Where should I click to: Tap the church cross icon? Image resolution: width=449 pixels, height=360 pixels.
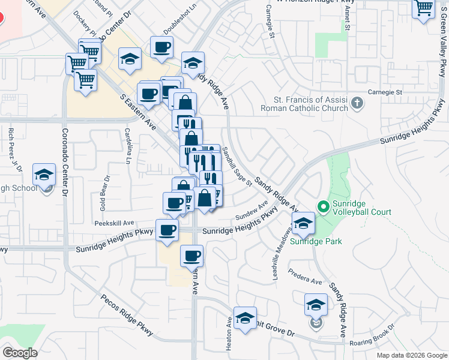tap(357, 103)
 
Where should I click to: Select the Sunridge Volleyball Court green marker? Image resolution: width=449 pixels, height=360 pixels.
tap(324, 207)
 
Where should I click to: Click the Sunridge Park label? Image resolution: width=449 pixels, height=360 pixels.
tap(316, 241)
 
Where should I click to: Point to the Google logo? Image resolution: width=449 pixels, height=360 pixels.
tap(20, 353)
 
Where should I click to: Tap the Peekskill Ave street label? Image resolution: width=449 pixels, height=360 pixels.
tap(113, 222)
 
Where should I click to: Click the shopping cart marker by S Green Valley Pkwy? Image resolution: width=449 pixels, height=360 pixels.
tap(424, 8)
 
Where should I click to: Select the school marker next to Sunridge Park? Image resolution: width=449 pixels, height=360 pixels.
tap(304, 224)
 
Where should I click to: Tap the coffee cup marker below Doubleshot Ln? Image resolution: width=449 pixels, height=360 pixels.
tap(161, 47)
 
